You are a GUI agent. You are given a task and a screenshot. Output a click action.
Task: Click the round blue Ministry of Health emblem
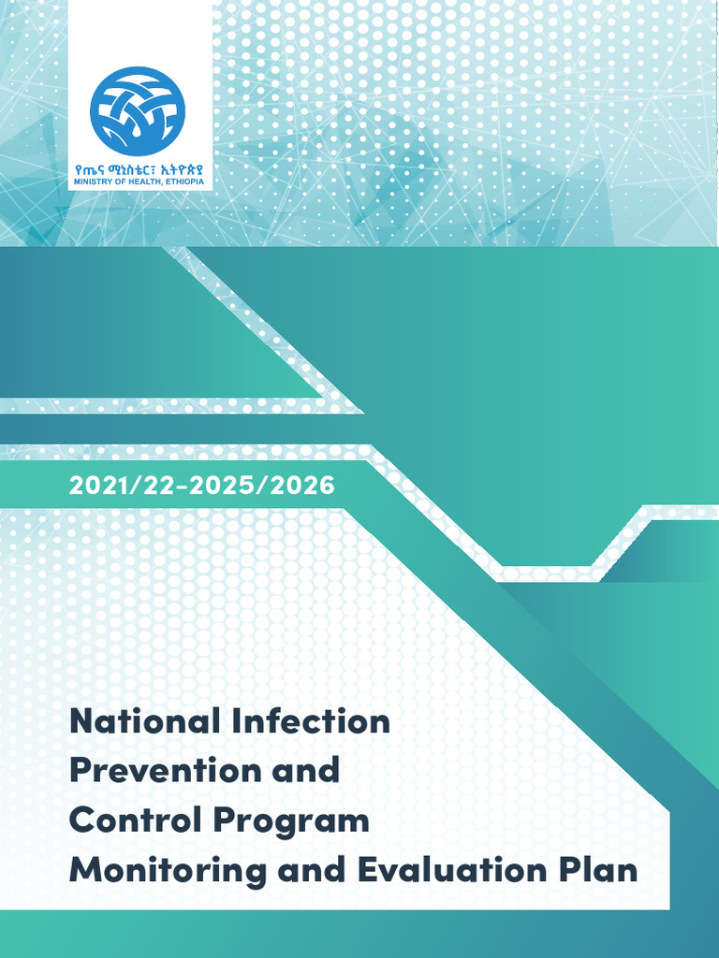pyautogui.click(x=138, y=110)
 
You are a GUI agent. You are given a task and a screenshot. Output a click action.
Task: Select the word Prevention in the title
pyautogui.click(x=162, y=771)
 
